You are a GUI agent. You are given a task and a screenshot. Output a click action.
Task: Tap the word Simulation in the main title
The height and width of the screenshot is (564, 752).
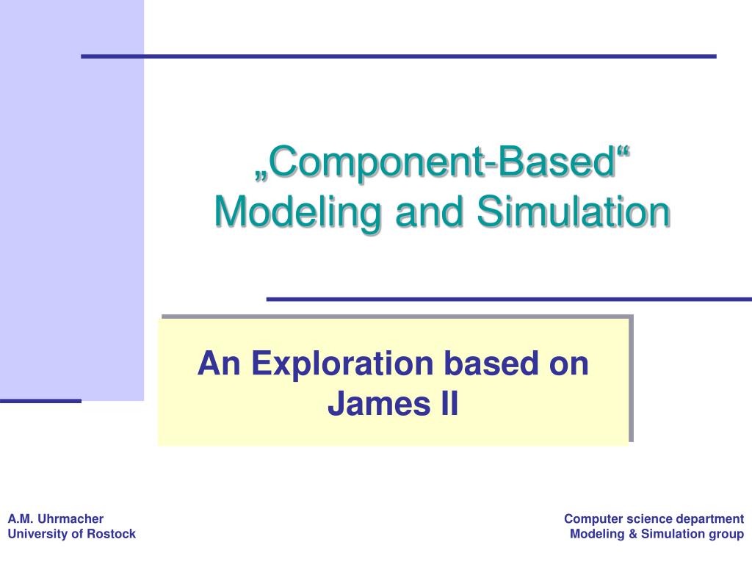[573, 211]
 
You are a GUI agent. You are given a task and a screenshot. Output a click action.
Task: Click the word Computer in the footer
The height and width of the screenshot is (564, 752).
[589, 519]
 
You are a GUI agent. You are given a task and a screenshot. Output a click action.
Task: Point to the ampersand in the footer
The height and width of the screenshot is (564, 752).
[632, 534]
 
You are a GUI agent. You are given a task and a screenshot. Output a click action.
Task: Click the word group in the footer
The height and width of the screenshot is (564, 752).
[727, 534]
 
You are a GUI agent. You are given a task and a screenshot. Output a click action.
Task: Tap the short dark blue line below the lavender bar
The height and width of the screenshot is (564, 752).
[40, 401]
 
